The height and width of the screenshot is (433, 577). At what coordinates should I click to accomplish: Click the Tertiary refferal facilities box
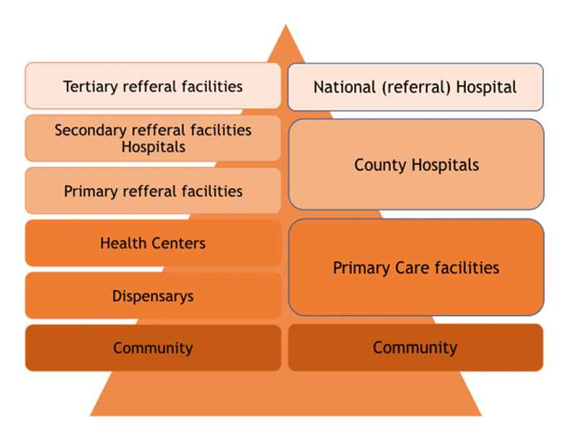153,86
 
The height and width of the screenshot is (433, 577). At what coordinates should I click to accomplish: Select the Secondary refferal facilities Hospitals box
153,138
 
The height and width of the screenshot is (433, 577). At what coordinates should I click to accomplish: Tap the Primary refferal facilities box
153,191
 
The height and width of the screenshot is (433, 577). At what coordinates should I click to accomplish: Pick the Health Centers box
153,243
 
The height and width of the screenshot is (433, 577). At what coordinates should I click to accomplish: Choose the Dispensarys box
153,295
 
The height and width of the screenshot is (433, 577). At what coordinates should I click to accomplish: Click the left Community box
153,348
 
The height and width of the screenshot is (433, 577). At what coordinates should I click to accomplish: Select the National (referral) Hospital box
415,87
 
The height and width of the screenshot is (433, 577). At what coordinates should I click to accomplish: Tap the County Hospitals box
416,165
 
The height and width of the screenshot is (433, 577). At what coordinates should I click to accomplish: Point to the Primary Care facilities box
416,268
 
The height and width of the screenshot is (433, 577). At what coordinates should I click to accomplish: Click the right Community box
415,347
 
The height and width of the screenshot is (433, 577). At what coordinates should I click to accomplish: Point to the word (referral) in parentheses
409,87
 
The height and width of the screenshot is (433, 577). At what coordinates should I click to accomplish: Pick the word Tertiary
91,87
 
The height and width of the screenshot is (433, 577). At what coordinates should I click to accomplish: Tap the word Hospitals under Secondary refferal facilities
153,146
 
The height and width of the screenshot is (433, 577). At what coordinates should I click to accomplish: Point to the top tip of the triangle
286,26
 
